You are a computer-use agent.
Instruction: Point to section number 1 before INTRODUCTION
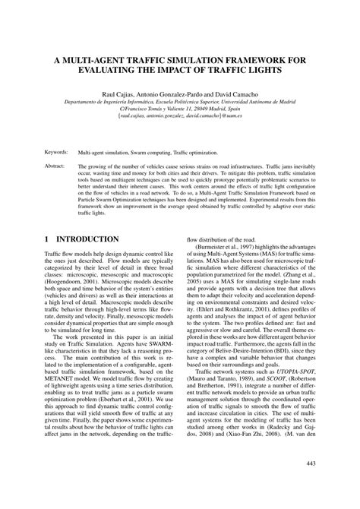coord(47,239)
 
